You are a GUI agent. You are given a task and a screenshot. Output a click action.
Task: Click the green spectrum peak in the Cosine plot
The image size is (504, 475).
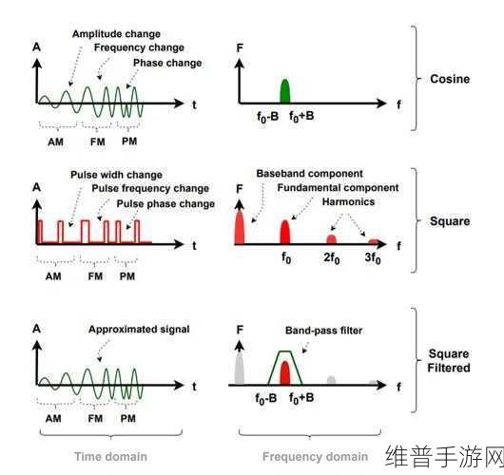point(285,91)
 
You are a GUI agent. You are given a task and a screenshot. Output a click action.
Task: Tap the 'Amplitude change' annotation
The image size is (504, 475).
point(116,34)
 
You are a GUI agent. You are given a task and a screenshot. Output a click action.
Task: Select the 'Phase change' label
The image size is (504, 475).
point(167,63)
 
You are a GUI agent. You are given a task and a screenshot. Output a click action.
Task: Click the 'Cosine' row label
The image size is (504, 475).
point(450,79)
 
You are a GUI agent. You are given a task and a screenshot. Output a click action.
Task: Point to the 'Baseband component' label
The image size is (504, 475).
point(310,174)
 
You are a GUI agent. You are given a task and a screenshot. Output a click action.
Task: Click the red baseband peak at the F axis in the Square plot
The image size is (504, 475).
point(240,227)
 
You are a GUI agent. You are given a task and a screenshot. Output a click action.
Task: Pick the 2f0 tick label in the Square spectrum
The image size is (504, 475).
point(331,257)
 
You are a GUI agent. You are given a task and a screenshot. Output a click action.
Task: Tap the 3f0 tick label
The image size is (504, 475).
point(373,257)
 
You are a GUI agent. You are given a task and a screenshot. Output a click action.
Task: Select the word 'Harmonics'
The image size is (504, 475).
point(348,202)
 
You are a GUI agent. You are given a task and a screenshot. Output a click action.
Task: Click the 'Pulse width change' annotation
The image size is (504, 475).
point(116,175)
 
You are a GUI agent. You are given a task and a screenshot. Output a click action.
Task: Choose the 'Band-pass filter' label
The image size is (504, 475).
point(323,331)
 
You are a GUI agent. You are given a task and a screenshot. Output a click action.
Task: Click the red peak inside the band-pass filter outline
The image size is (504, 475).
point(285,372)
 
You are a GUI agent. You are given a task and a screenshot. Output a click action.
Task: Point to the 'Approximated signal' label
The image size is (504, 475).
point(139,330)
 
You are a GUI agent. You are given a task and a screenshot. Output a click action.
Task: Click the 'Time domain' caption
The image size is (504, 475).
point(110,457)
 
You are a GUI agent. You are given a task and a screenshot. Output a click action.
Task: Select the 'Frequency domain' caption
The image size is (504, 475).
point(315,457)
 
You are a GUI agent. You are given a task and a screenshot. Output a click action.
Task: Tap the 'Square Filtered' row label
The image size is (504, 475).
point(449,361)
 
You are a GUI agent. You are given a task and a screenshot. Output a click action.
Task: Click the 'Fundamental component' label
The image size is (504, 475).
point(338,188)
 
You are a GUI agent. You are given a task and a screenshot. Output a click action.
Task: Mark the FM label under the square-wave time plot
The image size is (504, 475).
point(95,276)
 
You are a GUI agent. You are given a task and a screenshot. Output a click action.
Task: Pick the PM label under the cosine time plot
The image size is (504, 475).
point(129,142)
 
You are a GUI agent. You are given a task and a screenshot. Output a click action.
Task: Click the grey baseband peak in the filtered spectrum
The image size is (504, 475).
point(239,369)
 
